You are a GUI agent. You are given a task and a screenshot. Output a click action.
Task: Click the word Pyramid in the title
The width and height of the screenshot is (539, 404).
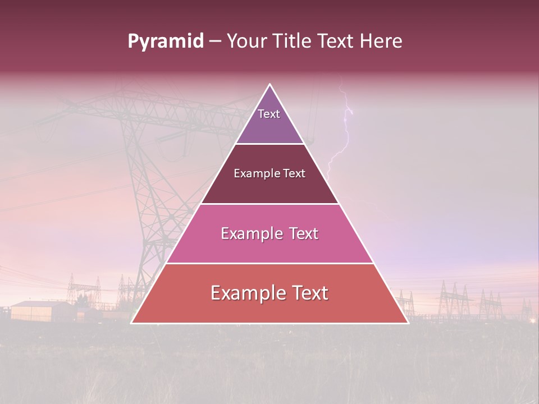165,42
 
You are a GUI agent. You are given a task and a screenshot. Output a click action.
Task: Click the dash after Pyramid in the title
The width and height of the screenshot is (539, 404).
215,42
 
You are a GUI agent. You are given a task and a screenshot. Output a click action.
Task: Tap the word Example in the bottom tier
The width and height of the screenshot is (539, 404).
245,293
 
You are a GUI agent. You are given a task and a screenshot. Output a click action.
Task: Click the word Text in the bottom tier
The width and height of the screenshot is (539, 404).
307,293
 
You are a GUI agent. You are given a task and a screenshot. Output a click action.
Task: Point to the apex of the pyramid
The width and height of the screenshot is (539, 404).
269,85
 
